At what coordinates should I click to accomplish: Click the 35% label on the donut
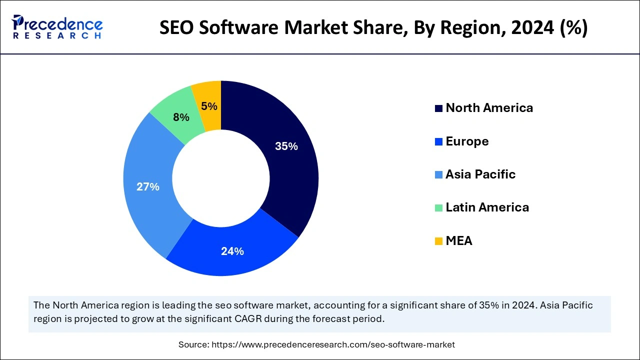[x=286, y=146]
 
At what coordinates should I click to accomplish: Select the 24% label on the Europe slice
[x=232, y=251]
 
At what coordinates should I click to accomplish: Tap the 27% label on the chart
[x=148, y=187]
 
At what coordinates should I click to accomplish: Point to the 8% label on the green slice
[x=181, y=117]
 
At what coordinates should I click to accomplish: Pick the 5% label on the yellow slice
[x=209, y=106]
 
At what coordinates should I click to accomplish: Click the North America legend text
[x=489, y=108]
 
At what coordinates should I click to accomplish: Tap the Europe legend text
[x=467, y=141]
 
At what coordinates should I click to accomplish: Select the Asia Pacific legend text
[x=480, y=174]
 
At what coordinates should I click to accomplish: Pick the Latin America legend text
[x=487, y=207]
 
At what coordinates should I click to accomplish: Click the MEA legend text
[x=458, y=241]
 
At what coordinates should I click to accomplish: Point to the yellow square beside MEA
[x=439, y=241]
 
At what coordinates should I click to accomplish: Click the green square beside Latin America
[x=439, y=208]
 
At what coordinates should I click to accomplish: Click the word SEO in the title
[x=178, y=28]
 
